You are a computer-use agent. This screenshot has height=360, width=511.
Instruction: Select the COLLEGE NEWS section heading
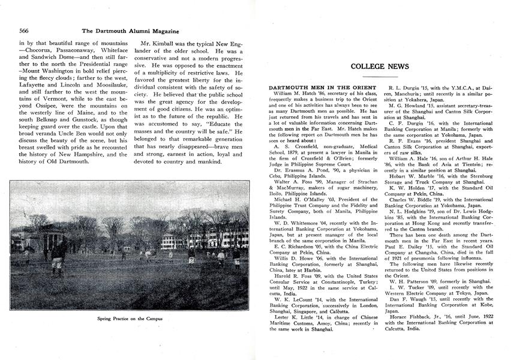point(380,67)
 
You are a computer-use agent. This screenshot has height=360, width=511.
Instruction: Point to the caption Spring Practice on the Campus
point(130,318)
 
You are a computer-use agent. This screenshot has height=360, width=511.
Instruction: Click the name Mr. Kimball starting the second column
point(157,44)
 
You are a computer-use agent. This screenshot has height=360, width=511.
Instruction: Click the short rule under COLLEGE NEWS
point(380,76)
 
